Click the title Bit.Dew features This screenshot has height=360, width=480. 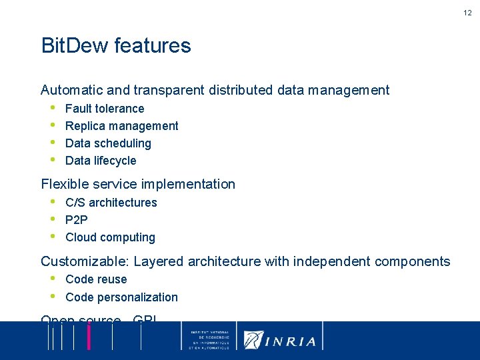pos(116,46)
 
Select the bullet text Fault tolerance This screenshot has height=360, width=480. pos(105,109)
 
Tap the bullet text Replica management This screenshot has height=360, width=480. pos(122,126)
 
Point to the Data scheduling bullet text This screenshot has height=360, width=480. pos(108,143)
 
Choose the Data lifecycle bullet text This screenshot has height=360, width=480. pos(101,161)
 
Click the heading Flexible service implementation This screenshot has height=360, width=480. pos(138,184)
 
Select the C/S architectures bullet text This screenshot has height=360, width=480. pos(111,203)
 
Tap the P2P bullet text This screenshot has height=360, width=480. pos(77,220)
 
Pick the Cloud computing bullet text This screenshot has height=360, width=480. pos(110,237)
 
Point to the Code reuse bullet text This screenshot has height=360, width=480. pos(96,279)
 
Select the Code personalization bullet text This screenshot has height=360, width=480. pos(121,297)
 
